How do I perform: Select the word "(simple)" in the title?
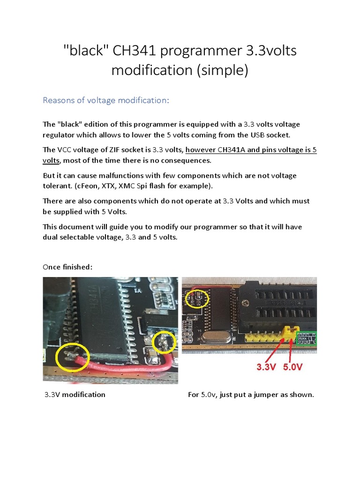click(219, 70)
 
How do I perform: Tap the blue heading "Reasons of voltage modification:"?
click(105, 100)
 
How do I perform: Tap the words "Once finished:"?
click(67, 267)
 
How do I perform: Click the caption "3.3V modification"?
click(75, 395)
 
